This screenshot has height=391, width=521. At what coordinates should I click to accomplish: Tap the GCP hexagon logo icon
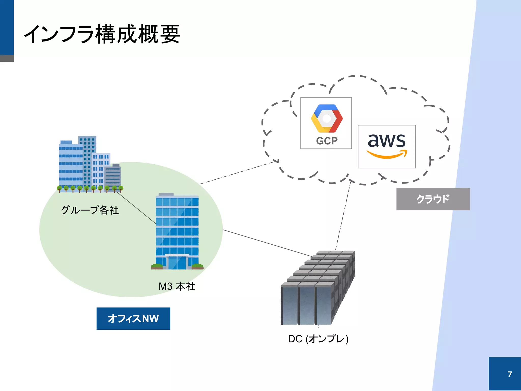click(x=327, y=118)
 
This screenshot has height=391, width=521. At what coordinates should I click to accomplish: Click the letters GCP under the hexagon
click(x=327, y=141)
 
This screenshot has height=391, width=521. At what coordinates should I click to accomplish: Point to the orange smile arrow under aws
click(x=386, y=154)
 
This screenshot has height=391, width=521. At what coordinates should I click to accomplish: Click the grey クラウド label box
click(x=433, y=199)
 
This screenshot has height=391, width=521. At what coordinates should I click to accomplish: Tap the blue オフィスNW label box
click(x=133, y=318)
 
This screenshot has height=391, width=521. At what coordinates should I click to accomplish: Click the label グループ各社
click(x=90, y=210)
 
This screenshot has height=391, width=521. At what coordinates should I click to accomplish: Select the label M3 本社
click(x=177, y=286)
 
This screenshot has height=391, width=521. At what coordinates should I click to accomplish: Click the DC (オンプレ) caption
click(x=318, y=339)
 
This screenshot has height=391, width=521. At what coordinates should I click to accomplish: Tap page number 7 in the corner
click(x=510, y=374)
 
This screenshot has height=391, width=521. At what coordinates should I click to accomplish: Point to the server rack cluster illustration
click(x=318, y=288)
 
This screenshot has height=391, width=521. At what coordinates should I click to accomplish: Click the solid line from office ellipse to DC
click(x=267, y=243)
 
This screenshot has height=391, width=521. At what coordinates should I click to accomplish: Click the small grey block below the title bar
click(x=7, y=58)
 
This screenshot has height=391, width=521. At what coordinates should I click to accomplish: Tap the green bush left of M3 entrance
click(x=157, y=266)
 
